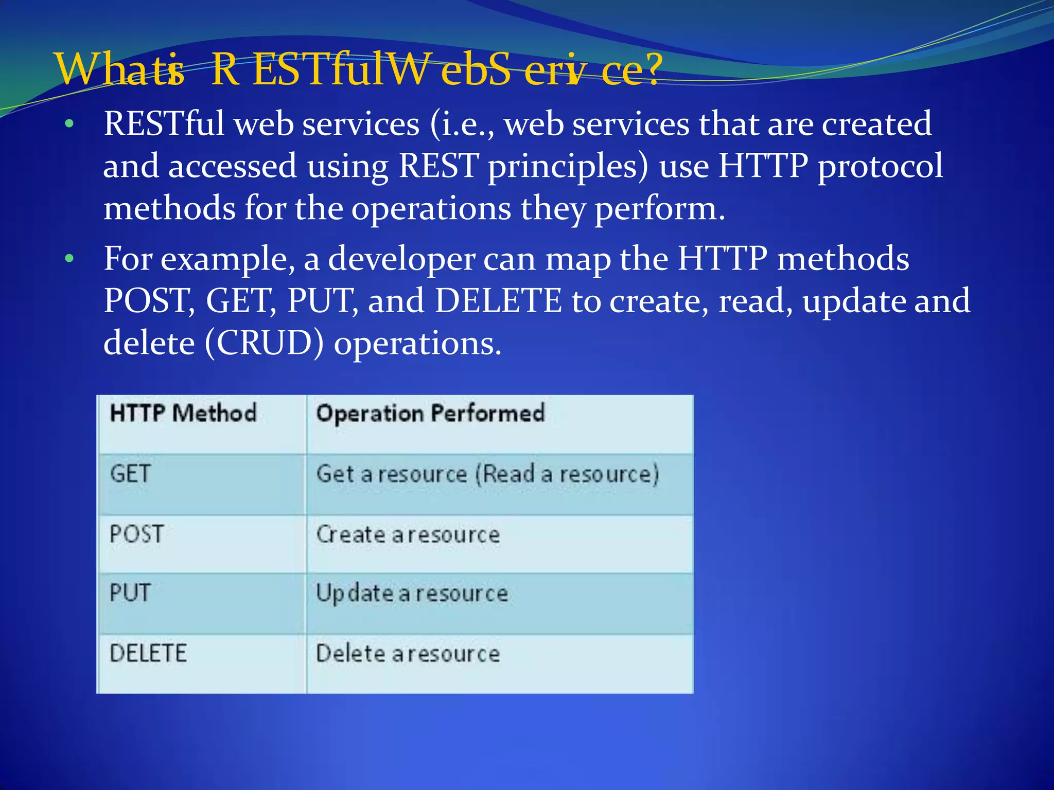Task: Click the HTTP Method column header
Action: point(183,413)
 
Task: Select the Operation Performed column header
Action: point(430,414)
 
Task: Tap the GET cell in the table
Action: point(130,473)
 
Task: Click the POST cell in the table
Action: point(137,534)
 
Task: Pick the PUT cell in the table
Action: point(130,592)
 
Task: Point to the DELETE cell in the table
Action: point(148,653)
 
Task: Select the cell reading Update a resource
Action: point(412,594)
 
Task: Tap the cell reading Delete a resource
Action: point(408,654)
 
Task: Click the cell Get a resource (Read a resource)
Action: point(487,474)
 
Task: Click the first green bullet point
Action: point(69,124)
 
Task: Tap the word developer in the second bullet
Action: point(401,259)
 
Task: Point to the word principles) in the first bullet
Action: point(568,167)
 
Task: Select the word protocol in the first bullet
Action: point(881,167)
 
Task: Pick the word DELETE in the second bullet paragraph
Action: point(498,301)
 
